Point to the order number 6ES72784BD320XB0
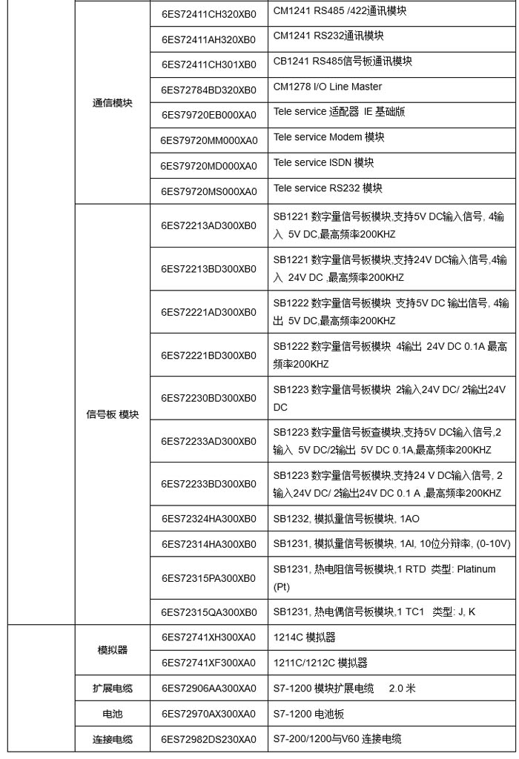tap(208, 89)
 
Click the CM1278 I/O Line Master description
tap(328, 87)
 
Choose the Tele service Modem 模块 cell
tap(329, 138)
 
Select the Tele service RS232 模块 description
tap(328, 188)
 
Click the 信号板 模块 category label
tap(112, 414)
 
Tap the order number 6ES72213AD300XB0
tap(208, 226)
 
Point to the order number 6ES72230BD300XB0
tap(208, 398)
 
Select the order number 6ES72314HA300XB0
tap(208, 545)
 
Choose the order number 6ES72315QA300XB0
tap(208, 612)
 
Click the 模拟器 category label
tap(112, 649)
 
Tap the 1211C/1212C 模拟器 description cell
tap(320, 663)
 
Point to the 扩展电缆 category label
tap(112, 688)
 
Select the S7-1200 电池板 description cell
tap(308, 714)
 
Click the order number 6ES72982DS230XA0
tap(208, 740)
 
